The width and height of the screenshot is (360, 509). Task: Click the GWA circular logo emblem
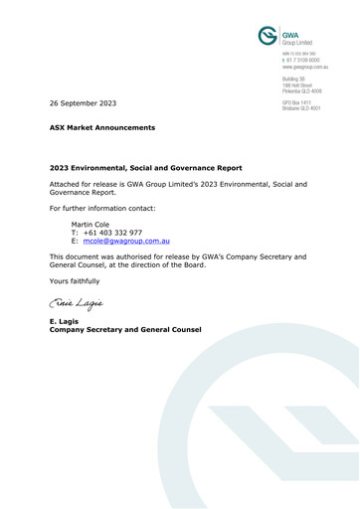coord(268,35)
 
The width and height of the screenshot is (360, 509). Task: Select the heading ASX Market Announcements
coord(102,128)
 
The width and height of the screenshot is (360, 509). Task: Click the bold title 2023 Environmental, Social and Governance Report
coord(145,168)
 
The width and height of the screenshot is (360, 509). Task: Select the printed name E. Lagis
coord(65,321)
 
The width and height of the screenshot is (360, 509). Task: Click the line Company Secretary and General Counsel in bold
coord(125,329)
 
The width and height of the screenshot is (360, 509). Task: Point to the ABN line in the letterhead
coord(303,53)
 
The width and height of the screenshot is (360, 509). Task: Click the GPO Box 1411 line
coord(299,101)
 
